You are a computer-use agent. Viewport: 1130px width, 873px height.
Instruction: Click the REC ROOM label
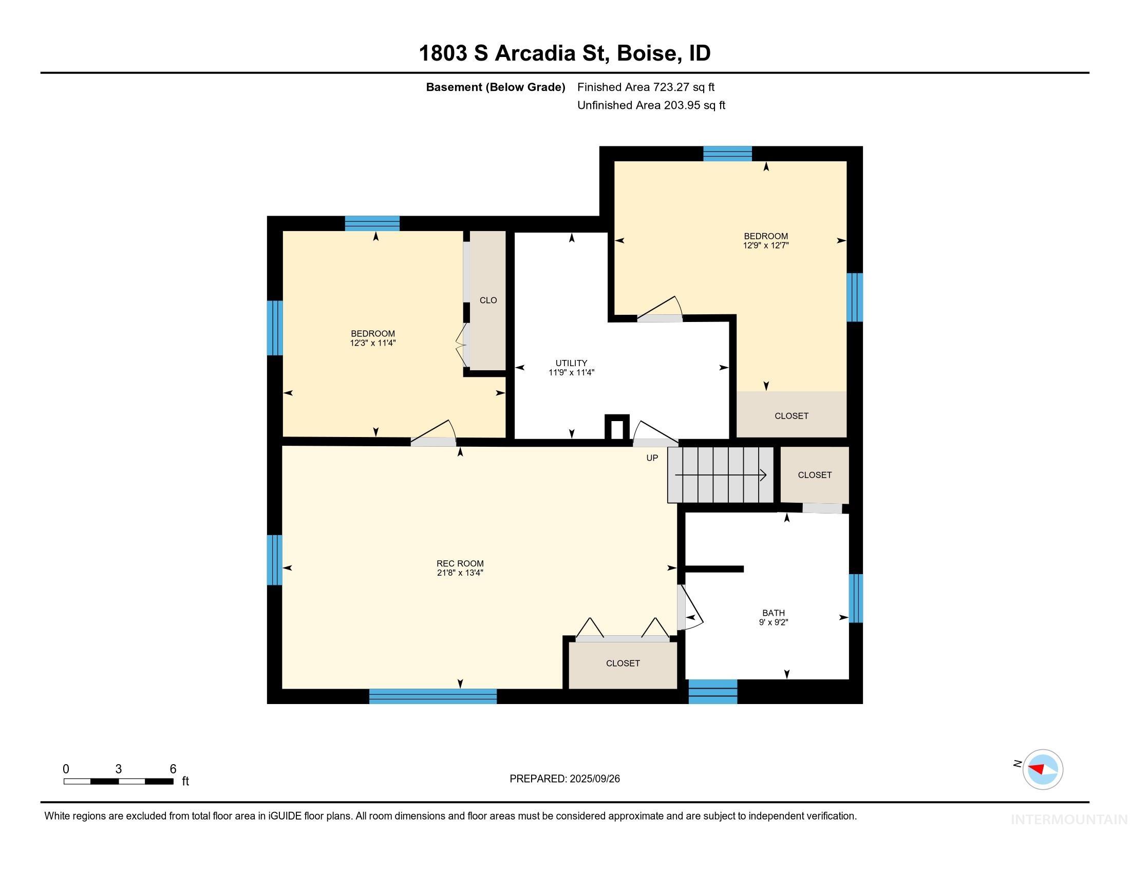tap(460, 564)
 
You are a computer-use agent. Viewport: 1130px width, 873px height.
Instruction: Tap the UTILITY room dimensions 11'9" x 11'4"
tap(571, 372)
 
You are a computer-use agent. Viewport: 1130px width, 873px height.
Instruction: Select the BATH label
tap(773, 613)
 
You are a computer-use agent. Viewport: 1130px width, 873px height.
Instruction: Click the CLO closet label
tap(488, 300)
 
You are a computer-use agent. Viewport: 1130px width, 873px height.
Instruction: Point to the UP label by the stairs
tap(652, 458)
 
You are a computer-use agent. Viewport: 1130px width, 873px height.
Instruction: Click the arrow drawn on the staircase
tap(720, 476)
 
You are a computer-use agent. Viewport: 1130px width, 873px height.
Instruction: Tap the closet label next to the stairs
tap(815, 475)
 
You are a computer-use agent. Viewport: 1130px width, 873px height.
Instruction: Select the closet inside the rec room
tap(623, 663)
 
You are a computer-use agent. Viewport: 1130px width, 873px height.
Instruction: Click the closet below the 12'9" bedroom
tap(791, 416)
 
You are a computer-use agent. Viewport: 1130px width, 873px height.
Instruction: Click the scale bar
tap(119, 782)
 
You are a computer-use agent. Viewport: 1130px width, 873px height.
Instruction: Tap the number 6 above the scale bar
tap(173, 769)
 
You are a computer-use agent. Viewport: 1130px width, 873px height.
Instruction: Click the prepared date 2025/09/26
tap(594, 779)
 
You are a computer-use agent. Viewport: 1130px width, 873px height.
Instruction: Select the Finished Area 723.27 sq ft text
tap(645, 87)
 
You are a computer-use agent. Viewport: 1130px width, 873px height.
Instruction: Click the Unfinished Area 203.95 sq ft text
tap(651, 105)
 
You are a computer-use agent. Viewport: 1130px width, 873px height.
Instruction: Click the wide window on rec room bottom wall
tap(432, 696)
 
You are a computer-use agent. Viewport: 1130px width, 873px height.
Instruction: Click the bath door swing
tap(690, 608)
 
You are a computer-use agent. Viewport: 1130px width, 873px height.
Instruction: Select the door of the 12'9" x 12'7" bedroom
tap(660, 310)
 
